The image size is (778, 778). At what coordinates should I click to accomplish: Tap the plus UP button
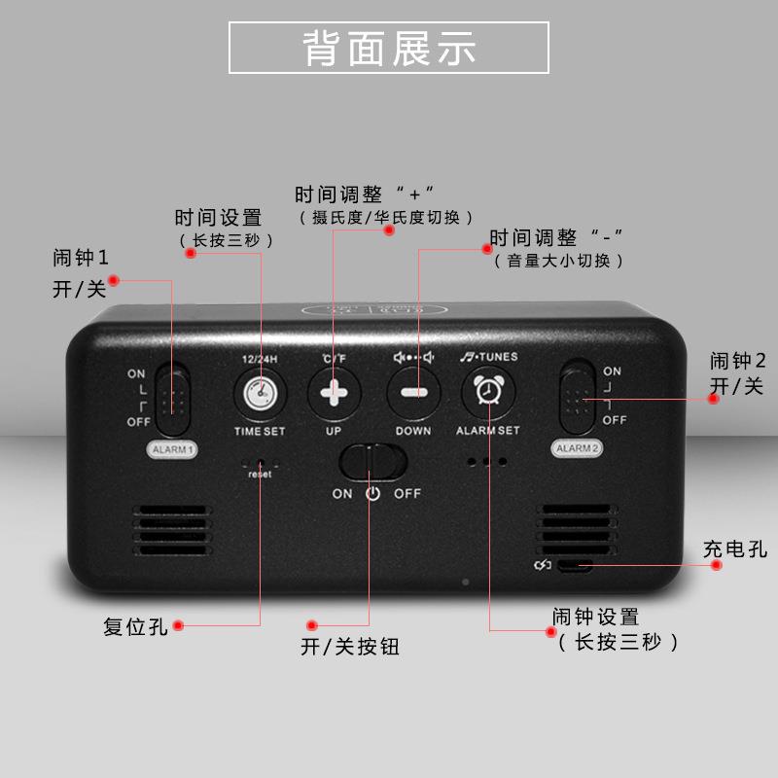click(335, 394)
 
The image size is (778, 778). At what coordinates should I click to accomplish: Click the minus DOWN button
click(413, 394)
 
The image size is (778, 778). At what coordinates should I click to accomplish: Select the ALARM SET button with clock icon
click(487, 391)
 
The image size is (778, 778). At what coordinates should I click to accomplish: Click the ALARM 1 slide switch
click(174, 398)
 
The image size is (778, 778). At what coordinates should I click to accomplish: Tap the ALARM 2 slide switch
click(579, 398)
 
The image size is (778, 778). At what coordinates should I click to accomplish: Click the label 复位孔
click(136, 627)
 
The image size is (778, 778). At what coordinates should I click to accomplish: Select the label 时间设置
click(219, 217)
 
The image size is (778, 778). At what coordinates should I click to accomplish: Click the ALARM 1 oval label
click(171, 449)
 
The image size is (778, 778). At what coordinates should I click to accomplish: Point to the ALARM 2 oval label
click(578, 448)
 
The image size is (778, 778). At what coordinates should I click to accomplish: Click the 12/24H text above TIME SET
click(260, 359)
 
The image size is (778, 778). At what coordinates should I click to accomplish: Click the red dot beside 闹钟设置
click(544, 629)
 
